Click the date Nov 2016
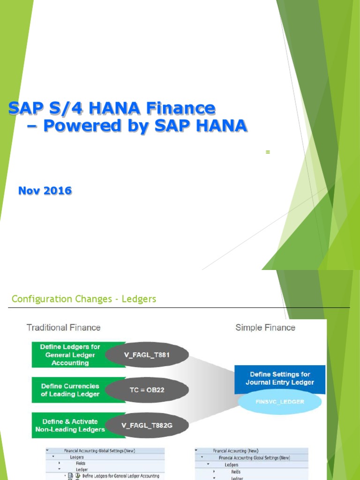pyautogui.click(x=45, y=191)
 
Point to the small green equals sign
pyautogui.click(x=268, y=152)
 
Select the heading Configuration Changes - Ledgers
pyautogui.click(x=84, y=299)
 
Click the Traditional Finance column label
pyautogui.click(x=63, y=327)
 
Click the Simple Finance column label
pyautogui.click(x=265, y=327)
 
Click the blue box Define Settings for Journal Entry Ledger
pyautogui.click(x=280, y=378)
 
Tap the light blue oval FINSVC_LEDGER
pyautogui.click(x=280, y=402)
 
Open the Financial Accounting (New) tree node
pyautogui.click(x=235, y=451)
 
